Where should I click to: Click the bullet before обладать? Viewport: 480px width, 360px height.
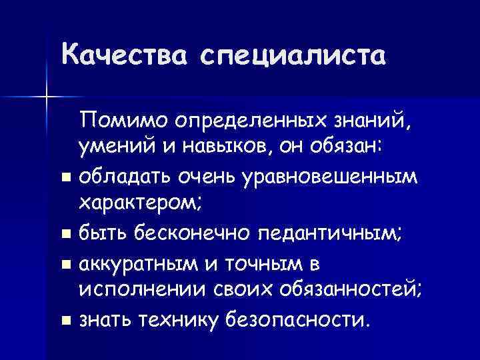pyautogui.click(x=65, y=177)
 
